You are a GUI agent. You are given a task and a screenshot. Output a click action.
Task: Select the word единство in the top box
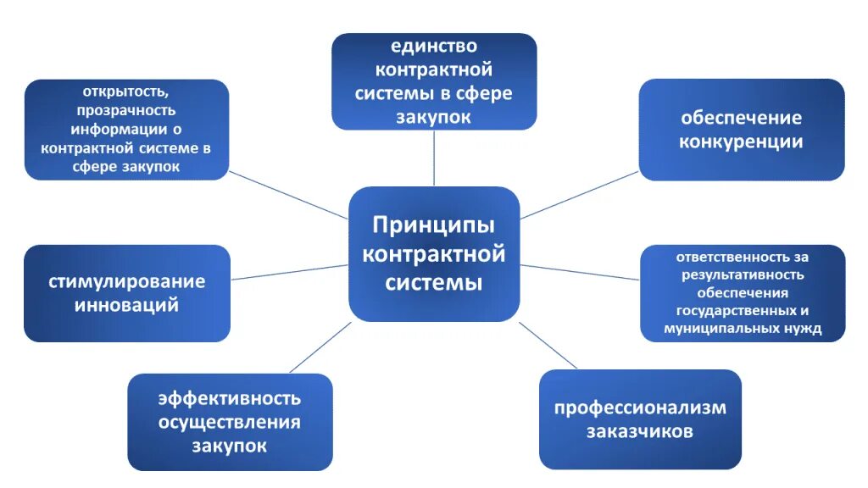(x=433, y=46)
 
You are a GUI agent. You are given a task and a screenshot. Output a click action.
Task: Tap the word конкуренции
(x=741, y=141)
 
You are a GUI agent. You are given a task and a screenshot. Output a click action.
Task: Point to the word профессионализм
(x=640, y=408)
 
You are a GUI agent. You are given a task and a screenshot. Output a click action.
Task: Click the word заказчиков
(x=640, y=431)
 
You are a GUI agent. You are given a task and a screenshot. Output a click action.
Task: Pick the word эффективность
(x=230, y=398)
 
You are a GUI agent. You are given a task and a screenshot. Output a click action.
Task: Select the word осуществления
(x=230, y=422)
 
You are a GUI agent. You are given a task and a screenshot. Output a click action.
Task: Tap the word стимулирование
(x=127, y=281)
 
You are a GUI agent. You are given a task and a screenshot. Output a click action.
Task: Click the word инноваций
(x=127, y=305)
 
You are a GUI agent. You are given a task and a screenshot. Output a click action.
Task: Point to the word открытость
(x=125, y=91)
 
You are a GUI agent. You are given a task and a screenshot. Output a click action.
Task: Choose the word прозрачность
(x=125, y=110)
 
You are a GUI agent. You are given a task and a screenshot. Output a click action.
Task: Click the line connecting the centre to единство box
(x=434, y=158)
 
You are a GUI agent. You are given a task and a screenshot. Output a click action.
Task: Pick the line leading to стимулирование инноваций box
(x=289, y=272)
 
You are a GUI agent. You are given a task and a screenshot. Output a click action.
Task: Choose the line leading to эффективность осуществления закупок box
(x=320, y=347)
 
